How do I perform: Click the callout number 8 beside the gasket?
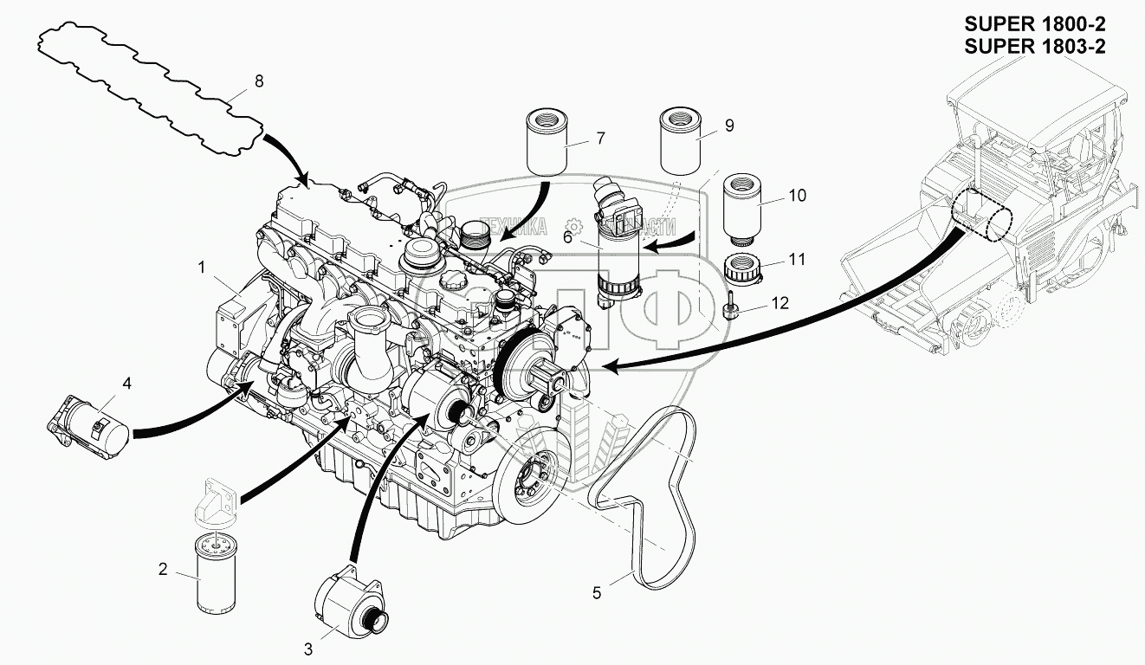tap(257, 81)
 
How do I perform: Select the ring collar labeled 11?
tap(741, 268)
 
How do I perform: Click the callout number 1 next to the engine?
tap(201, 268)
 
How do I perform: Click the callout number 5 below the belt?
tap(596, 593)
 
